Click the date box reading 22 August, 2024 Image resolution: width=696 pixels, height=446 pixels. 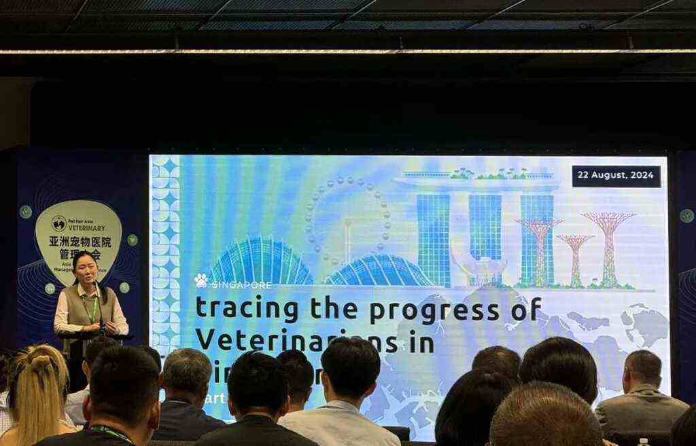[616, 176]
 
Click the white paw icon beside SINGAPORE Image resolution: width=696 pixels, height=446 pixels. [201, 280]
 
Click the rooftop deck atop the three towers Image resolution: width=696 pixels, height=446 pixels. [476, 183]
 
